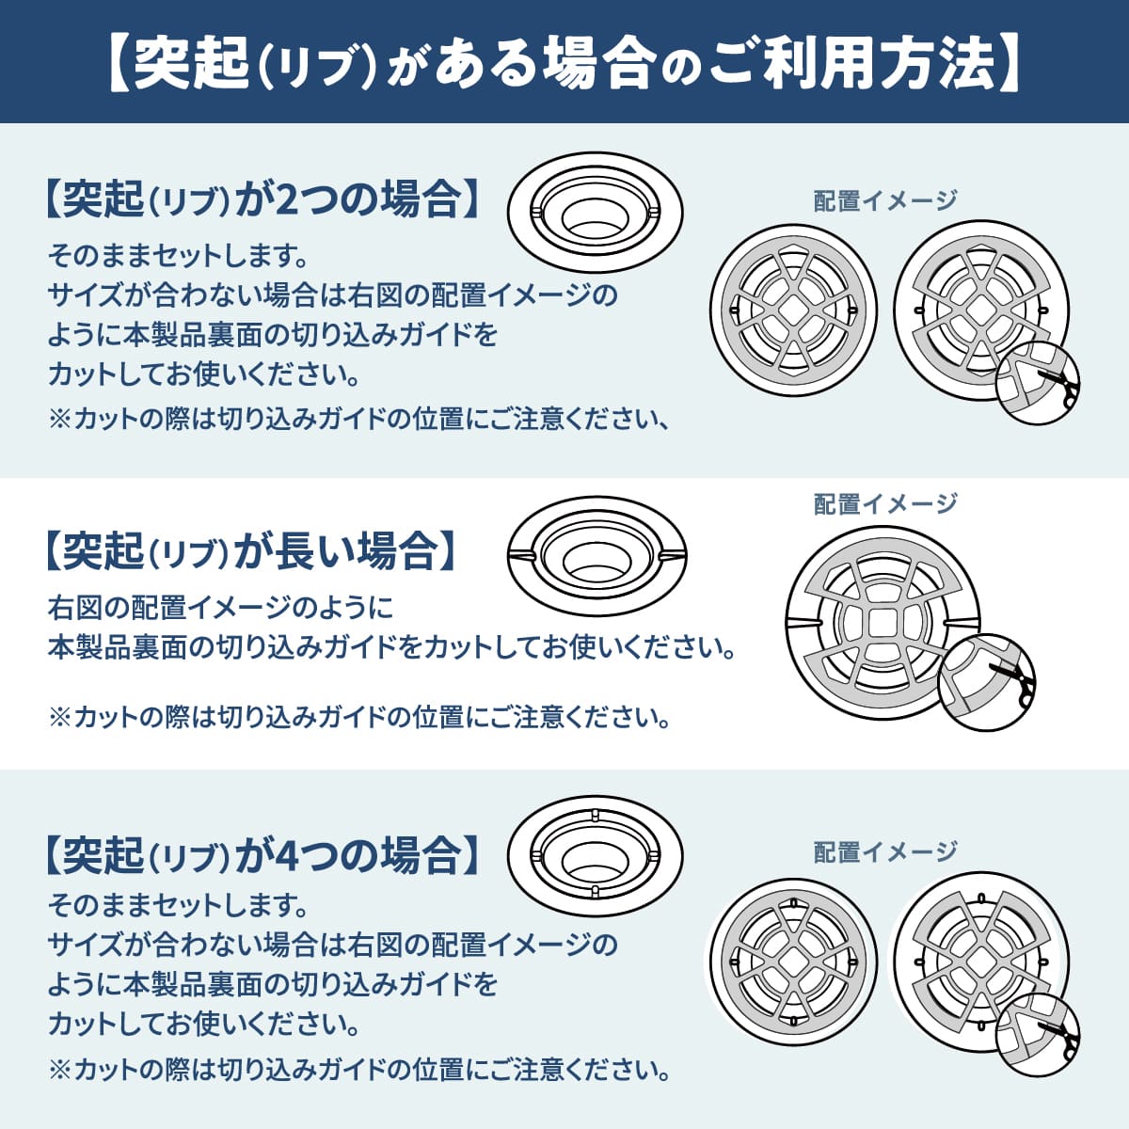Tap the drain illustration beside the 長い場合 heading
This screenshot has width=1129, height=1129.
pyautogui.click(x=596, y=556)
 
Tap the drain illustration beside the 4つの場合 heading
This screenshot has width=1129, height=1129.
pyautogui.click(x=595, y=857)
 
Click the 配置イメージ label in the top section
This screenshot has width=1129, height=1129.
pyautogui.click(x=884, y=200)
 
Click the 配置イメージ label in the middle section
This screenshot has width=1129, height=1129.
pyautogui.click(x=884, y=504)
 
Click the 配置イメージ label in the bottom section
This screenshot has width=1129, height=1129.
pyautogui.click(x=884, y=852)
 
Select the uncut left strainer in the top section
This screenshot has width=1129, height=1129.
pyautogui.click(x=793, y=310)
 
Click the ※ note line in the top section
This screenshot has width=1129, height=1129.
pyautogui.click(x=358, y=420)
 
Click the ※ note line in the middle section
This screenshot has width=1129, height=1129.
pyautogui.click(x=358, y=718)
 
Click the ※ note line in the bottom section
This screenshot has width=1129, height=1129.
pyautogui.click(x=358, y=1070)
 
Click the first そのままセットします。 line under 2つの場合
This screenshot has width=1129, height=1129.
pyautogui.click(x=179, y=255)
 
